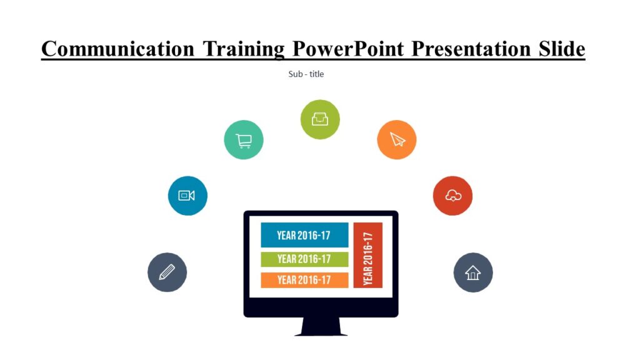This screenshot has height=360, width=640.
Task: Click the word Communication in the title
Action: click(x=117, y=48)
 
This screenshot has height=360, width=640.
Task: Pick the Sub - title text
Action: click(x=306, y=74)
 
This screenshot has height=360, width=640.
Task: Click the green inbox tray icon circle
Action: click(x=320, y=119)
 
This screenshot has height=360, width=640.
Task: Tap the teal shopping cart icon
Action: click(x=244, y=140)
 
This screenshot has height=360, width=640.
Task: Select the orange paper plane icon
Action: click(x=397, y=139)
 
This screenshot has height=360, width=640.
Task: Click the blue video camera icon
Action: click(x=187, y=196)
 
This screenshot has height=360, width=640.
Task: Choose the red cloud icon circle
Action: click(x=452, y=196)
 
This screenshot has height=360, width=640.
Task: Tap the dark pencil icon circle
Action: click(x=167, y=272)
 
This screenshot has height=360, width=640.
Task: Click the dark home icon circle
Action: click(x=473, y=272)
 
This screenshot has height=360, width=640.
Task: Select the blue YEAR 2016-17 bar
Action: click(x=304, y=235)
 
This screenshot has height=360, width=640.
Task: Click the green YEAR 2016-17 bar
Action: click(x=304, y=259)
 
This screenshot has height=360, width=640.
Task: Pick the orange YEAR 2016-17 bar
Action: click(x=304, y=280)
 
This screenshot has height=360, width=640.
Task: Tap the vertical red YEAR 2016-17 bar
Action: click(x=368, y=255)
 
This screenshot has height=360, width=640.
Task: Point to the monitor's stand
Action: click(x=321, y=327)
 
